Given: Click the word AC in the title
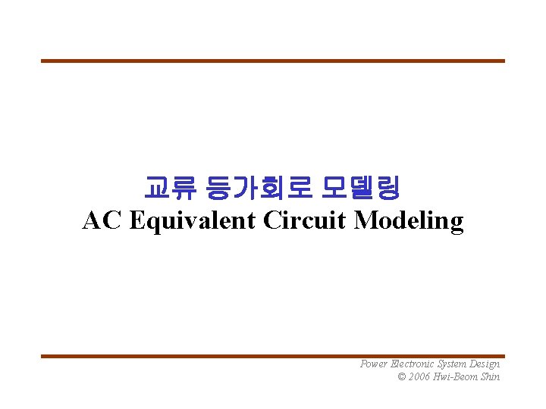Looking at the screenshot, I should tap(102, 220).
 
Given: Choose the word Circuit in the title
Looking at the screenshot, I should tap(306, 220).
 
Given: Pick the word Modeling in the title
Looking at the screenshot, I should tap(409, 221).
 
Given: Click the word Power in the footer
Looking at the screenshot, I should tap(374, 364).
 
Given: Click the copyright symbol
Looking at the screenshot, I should tap(402, 376).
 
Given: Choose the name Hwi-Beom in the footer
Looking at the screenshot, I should tap(459, 376).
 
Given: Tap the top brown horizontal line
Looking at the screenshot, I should tap(273, 61).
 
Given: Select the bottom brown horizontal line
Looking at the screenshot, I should tap(273, 356).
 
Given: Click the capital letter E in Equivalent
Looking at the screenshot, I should tap(137, 220).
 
